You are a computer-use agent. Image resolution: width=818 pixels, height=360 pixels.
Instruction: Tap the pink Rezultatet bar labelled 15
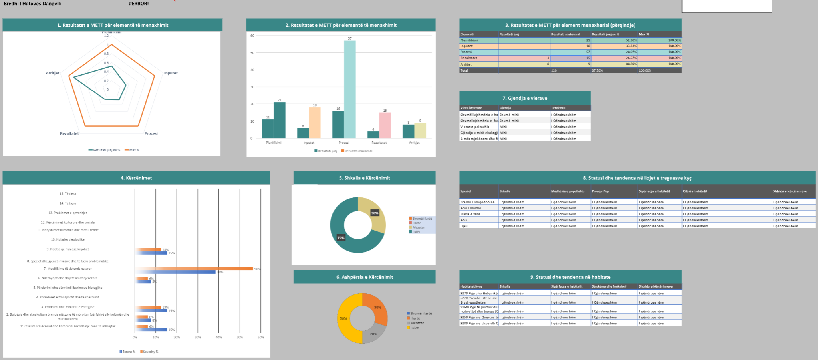point(385,125)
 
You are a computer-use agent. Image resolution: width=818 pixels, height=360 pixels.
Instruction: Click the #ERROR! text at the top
point(139,4)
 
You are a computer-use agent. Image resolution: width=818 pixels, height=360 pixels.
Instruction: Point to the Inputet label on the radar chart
point(171,73)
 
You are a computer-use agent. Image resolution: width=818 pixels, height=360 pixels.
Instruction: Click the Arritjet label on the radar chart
point(52,73)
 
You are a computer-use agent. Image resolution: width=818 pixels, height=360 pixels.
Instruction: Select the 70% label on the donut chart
point(341,237)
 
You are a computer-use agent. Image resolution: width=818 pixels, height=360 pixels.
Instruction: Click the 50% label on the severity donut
point(343,318)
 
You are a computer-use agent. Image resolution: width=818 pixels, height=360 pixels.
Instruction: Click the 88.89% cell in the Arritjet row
point(631,64)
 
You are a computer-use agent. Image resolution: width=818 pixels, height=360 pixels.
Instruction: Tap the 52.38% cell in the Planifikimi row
point(631,40)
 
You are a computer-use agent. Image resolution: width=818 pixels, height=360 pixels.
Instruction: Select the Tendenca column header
point(558,108)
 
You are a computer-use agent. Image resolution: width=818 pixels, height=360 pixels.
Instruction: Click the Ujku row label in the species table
point(464,226)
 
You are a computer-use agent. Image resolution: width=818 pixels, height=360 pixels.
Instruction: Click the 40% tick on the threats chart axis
point(218,337)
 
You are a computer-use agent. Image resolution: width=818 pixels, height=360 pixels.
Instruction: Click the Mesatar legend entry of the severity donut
point(417,323)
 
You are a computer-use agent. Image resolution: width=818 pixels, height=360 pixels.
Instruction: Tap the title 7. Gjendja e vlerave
point(524,98)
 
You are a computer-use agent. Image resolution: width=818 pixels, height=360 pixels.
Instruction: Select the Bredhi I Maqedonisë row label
point(477,202)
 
